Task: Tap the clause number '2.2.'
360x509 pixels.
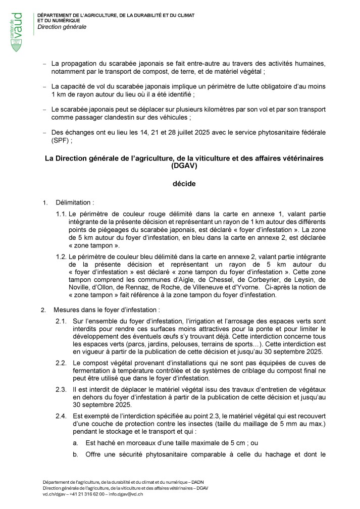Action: pyautogui.click(x=61, y=363)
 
